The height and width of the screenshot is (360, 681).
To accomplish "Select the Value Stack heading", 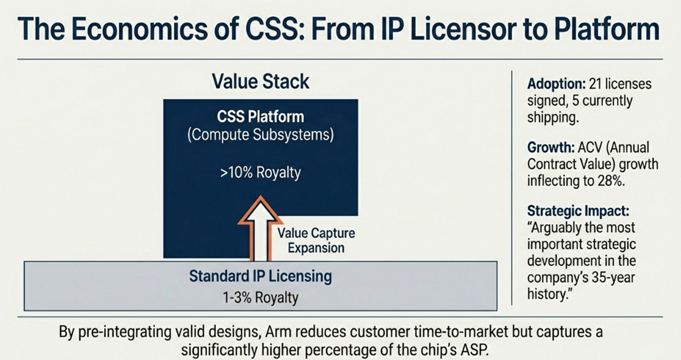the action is (x=260, y=82).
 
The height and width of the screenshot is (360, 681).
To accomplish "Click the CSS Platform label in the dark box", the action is (x=260, y=117).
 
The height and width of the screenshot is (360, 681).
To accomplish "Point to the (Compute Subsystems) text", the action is (x=260, y=134).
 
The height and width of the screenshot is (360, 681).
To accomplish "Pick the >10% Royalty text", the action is (x=260, y=172).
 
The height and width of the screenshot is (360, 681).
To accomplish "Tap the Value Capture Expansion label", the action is (x=316, y=240).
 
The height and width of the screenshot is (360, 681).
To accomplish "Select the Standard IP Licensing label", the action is (x=260, y=276).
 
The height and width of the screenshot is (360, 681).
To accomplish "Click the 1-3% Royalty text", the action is (x=260, y=298).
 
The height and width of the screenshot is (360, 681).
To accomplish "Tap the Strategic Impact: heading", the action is (x=578, y=211).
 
